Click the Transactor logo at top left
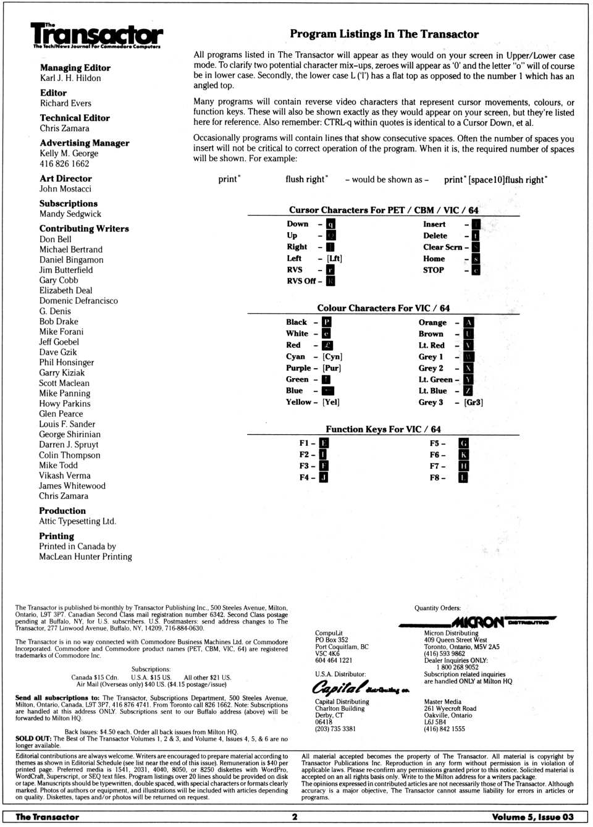tap(97, 35)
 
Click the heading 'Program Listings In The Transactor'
tap(384, 34)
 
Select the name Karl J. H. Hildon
tap(70, 78)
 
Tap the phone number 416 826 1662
tap(64, 164)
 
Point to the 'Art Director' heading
tap(65, 178)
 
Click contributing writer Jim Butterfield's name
tap(66, 270)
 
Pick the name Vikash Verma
tap(64, 476)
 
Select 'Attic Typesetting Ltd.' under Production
tap(77, 521)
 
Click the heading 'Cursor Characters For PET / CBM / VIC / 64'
tap(384, 210)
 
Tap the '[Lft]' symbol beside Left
tap(334, 259)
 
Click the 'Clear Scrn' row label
tap(442, 247)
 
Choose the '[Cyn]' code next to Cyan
tap(332, 357)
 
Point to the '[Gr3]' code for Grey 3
tap(473, 403)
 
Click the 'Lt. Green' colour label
tap(435, 380)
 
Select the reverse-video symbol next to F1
tap(324, 443)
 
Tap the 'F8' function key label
tap(436, 478)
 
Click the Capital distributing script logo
tap(360, 688)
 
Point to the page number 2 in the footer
tap(295, 817)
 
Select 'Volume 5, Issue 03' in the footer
tap(532, 817)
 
